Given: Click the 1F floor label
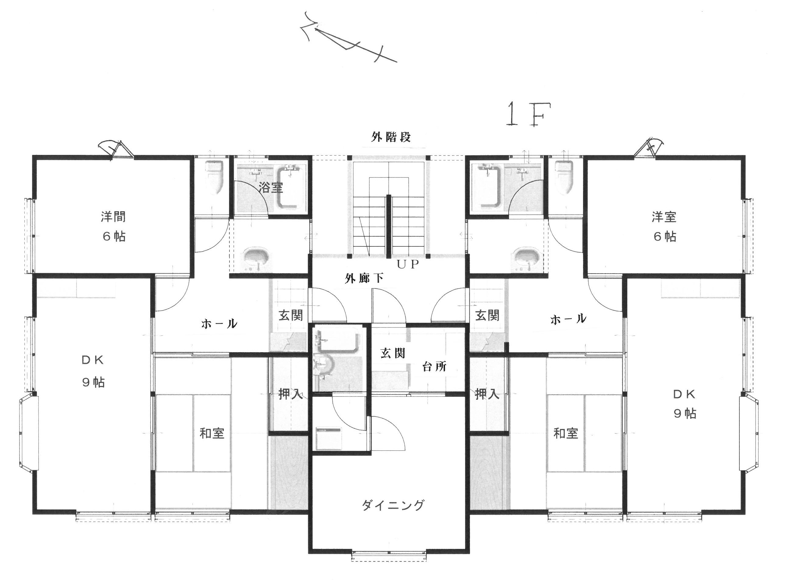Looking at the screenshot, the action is (528, 114).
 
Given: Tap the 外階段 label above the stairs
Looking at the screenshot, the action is (391, 137).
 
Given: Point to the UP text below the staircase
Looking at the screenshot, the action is (408, 264).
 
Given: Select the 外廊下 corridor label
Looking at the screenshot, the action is (364, 278).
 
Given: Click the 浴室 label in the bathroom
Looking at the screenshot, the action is (271, 187).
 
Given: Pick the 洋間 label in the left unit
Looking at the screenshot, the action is (113, 217).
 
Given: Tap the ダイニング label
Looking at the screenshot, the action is (393, 505).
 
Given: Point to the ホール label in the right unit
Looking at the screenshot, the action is (568, 319).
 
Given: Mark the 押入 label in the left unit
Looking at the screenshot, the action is (290, 394).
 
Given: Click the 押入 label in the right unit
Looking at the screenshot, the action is (487, 394).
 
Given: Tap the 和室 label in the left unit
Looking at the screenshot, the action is (212, 433).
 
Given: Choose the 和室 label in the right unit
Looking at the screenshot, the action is (566, 433).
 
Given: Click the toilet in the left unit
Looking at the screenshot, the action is (214, 177).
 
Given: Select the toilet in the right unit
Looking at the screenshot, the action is (564, 177).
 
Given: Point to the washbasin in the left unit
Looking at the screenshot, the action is (257, 258).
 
